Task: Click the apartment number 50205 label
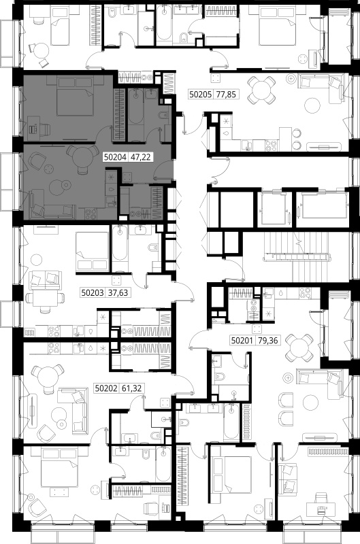point(200,94)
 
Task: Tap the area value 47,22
point(140,157)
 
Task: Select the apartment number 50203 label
point(93,293)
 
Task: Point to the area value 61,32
point(131,388)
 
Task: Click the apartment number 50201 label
point(242,341)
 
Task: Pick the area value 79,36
point(268,341)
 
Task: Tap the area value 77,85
point(226,94)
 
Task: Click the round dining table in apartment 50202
point(48,378)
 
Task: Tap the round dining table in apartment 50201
point(299,347)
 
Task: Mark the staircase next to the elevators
point(296,257)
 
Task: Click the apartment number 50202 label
point(106,388)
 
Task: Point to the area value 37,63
point(118,293)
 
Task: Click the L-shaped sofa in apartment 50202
point(72,411)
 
